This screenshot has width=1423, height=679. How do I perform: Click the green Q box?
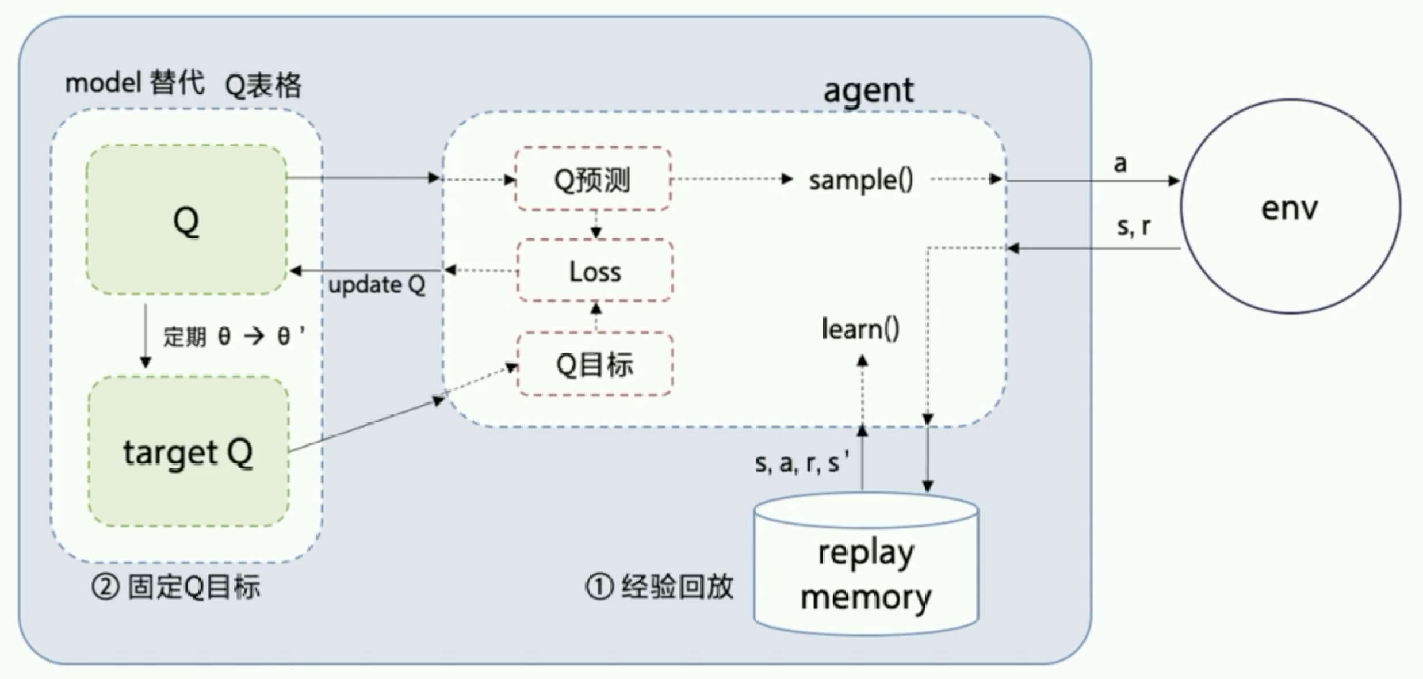click(x=186, y=220)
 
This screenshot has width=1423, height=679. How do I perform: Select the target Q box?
click(x=188, y=452)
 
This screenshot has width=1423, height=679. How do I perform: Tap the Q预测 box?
click(x=593, y=180)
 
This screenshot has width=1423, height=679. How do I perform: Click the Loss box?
click(x=595, y=271)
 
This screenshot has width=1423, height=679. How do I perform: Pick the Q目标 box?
click(x=595, y=364)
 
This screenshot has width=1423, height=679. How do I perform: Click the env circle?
click(x=1290, y=207)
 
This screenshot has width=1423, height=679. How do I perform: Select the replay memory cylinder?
click(x=866, y=570)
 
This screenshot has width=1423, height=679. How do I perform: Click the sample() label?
click(x=860, y=180)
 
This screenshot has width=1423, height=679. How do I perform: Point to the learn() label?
click(x=860, y=330)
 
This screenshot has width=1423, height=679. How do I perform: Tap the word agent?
click(x=868, y=90)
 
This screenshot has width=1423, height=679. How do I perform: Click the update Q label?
click(x=377, y=285)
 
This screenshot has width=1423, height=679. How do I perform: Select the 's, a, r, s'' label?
click(x=802, y=463)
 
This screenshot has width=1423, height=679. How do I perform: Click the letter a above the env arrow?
click(x=1119, y=164)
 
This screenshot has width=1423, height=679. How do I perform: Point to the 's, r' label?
click(x=1133, y=226)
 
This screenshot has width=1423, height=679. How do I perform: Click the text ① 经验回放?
click(x=659, y=587)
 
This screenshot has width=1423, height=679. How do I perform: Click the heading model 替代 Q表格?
click(x=183, y=84)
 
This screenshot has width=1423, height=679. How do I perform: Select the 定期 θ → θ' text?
click(x=234, y=336)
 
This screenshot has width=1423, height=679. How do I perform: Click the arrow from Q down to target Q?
click(x=146, y=337)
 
